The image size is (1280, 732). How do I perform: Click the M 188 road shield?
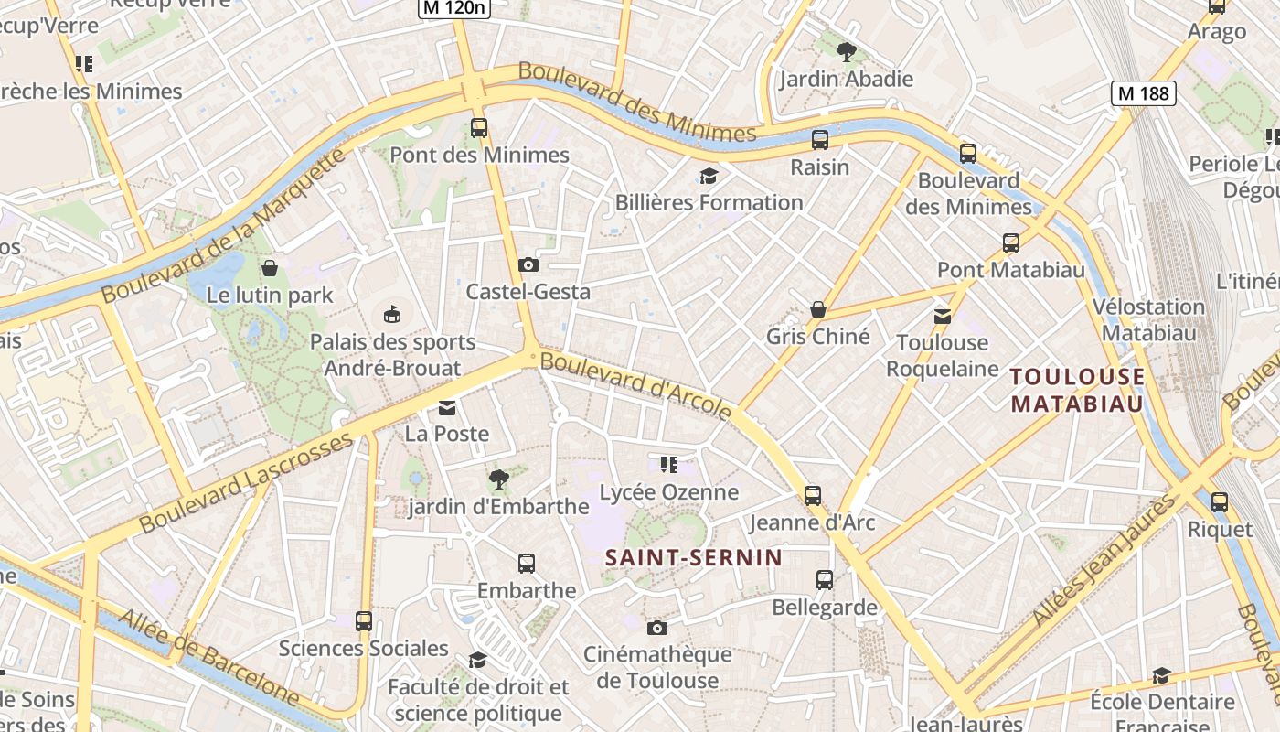[1143, 92]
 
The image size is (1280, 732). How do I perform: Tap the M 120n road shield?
[454, 8]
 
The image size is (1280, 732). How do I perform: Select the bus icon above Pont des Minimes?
[479, 128]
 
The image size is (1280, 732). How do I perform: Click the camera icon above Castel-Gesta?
[528, 265]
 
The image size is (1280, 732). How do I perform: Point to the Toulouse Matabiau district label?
[1078, 390]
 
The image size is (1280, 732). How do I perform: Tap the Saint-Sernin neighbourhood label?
[694, 557]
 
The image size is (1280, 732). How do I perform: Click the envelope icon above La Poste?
[447, 407]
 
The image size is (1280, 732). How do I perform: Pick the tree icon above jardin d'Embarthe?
[498, 479]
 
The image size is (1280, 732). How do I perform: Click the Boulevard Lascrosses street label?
[246, 483]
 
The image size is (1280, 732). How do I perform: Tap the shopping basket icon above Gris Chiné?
[818, 310]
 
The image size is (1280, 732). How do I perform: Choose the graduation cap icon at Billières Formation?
[709, 176]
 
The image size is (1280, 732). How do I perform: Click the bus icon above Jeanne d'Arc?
[813, 496]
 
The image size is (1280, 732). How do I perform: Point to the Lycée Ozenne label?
[668, 492]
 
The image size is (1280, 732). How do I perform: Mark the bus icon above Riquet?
[1220, 502]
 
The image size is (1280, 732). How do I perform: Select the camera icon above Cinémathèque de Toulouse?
[656, 628]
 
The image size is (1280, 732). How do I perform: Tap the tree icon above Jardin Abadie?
[847, 51]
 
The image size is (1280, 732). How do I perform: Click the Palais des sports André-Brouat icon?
[392, 315]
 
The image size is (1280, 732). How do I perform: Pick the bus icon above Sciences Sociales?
[364, 621]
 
